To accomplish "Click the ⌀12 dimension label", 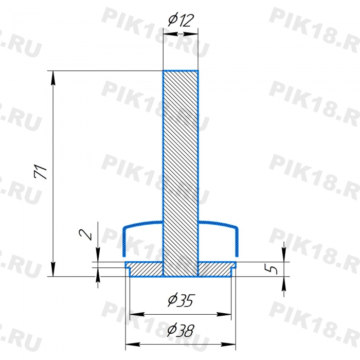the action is pyautogui.click(x=181, y=21).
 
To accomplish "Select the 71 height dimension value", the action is pyautogui.click(x=41, y=171).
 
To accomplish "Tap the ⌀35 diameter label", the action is pyautogui.click(x=181, y=300).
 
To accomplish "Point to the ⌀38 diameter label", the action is pyautogui.click(x=181, y=330).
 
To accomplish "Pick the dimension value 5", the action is pyautogui.click(x=271, y=268).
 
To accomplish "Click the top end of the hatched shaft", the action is pyautogui.click(x=181, y=71).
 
